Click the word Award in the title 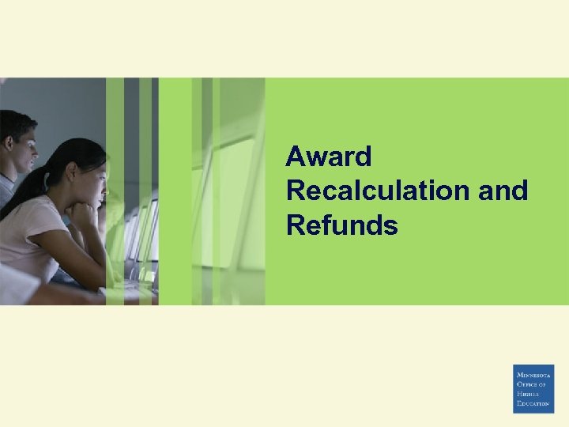point(328,157)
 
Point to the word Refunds point(341,225)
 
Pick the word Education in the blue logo point(533,403)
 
